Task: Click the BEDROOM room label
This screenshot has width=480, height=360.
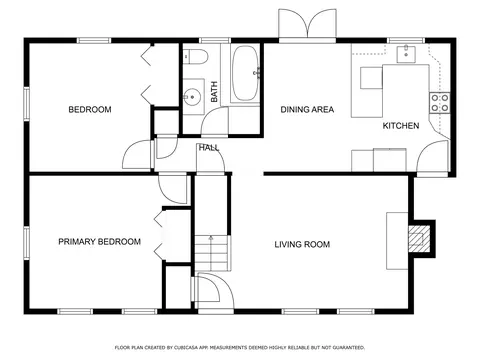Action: coord(90,109)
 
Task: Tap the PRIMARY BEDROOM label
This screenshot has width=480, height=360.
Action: coord(99,241)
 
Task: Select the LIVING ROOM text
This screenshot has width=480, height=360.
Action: coord(302,244)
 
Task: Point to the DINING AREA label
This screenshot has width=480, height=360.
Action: coord(307,109)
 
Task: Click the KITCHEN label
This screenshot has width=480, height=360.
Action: coord(401,126)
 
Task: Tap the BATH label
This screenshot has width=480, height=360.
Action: coord(214,92)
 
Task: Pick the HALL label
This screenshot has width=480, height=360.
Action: coord(209,148)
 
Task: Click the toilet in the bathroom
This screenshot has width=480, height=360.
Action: coord(196,56)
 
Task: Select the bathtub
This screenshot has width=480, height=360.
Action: coord(245,73)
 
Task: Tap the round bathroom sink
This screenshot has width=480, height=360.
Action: coord(192,97)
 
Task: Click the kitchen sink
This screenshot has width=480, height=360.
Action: coord(406,54)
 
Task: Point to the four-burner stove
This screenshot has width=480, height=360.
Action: coord(440,103)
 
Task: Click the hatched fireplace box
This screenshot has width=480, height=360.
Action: coord(419,239)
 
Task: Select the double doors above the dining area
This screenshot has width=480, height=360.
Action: coord(307,23)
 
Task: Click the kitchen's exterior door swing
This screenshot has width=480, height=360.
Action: coord(432,157)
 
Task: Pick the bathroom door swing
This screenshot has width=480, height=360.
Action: coord(214,121)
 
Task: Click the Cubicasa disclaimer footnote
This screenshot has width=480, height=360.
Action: coord(240,348)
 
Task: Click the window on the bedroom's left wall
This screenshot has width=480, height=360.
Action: coord(26,103)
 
